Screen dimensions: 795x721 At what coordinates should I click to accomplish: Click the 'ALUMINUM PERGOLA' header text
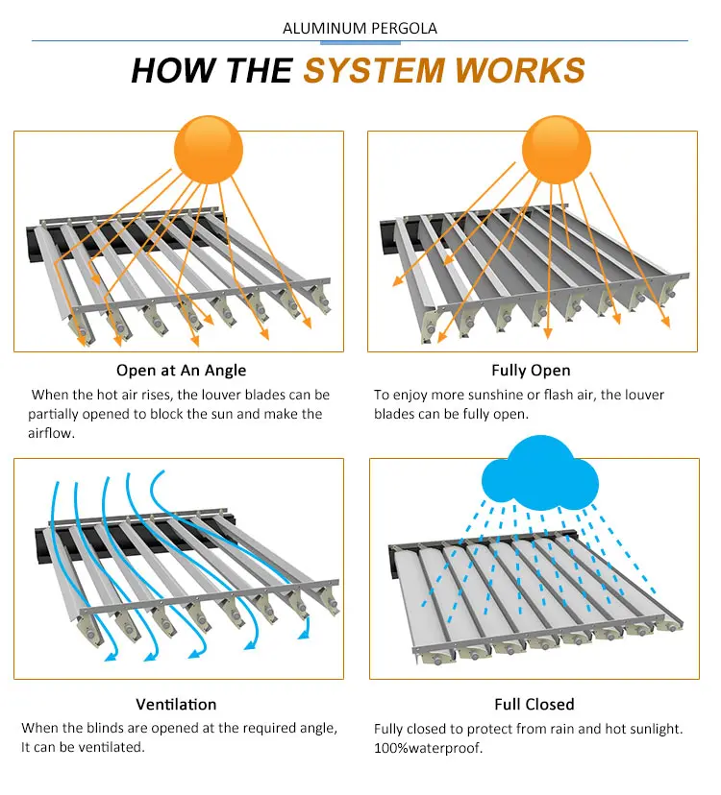tap(360, 28)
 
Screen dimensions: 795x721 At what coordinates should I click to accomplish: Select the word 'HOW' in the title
tap(172, 71)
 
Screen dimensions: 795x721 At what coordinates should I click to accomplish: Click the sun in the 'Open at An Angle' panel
tap(208, 150)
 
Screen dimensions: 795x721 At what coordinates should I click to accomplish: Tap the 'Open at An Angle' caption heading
tap(181, 371)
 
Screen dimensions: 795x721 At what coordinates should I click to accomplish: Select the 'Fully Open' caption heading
tap(531, 371)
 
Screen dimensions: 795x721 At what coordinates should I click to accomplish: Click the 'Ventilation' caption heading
tap(176, 705)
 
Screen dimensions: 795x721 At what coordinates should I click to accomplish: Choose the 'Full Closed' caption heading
tap(534, 705)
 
